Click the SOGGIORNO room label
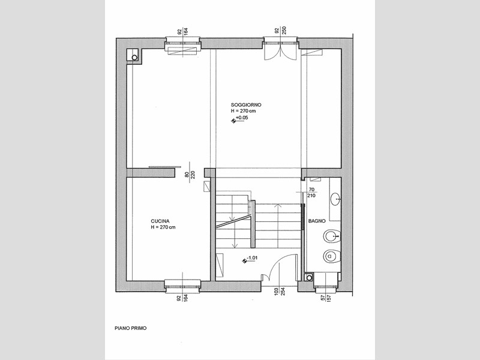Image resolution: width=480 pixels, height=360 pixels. [246, 105]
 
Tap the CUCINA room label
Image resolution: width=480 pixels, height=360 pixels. [160, 221]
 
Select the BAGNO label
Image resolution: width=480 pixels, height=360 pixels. [317, 221]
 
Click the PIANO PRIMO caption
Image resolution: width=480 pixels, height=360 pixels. [130, 328]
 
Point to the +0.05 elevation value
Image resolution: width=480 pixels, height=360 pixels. [242, 118]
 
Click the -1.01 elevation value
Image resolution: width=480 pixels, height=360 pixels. [252, 258]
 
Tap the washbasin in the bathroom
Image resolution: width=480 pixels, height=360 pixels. [336, 199]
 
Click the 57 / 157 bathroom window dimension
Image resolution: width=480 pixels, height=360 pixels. [326, 296]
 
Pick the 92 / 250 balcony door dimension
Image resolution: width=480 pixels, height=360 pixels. [280, 31]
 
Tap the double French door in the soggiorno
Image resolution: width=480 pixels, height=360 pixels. [280, 52]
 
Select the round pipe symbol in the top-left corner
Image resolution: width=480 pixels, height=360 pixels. [134, 57]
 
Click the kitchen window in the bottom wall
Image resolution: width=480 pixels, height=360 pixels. [182, 284]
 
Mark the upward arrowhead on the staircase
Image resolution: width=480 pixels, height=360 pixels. [278, 206]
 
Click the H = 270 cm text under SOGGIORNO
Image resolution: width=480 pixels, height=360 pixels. [244, 111]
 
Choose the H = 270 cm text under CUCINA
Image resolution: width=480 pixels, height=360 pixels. [163, 227]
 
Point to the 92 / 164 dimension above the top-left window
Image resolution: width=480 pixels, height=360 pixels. [183, 31]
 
